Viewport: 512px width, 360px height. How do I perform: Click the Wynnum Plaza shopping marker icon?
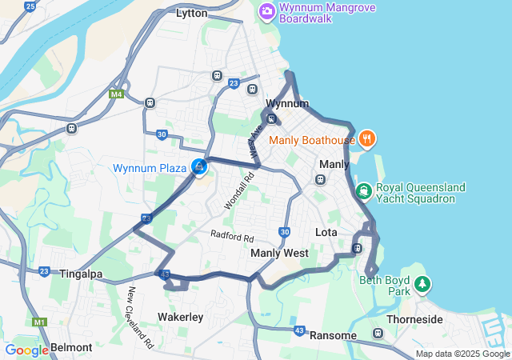point(198,167)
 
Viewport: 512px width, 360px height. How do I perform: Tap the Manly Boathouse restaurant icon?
point(367,139)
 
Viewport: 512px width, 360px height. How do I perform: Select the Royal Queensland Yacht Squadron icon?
point(364,190)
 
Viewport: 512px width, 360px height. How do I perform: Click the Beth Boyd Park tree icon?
point(422,283)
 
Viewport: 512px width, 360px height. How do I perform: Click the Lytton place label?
point(191,13)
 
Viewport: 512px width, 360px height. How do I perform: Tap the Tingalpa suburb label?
point(81,274)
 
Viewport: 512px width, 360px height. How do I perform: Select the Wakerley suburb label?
point(180,317)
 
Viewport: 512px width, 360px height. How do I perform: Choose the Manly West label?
point(279,253)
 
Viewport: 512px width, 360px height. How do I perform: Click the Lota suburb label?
point(326,232)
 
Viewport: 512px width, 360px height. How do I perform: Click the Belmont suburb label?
point(72,348)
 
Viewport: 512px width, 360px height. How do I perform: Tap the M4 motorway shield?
point(116,94)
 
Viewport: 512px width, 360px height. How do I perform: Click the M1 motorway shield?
point(40,322)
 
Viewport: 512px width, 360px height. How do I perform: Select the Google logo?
point(26,350)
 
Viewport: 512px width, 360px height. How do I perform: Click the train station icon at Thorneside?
point(379,333)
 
